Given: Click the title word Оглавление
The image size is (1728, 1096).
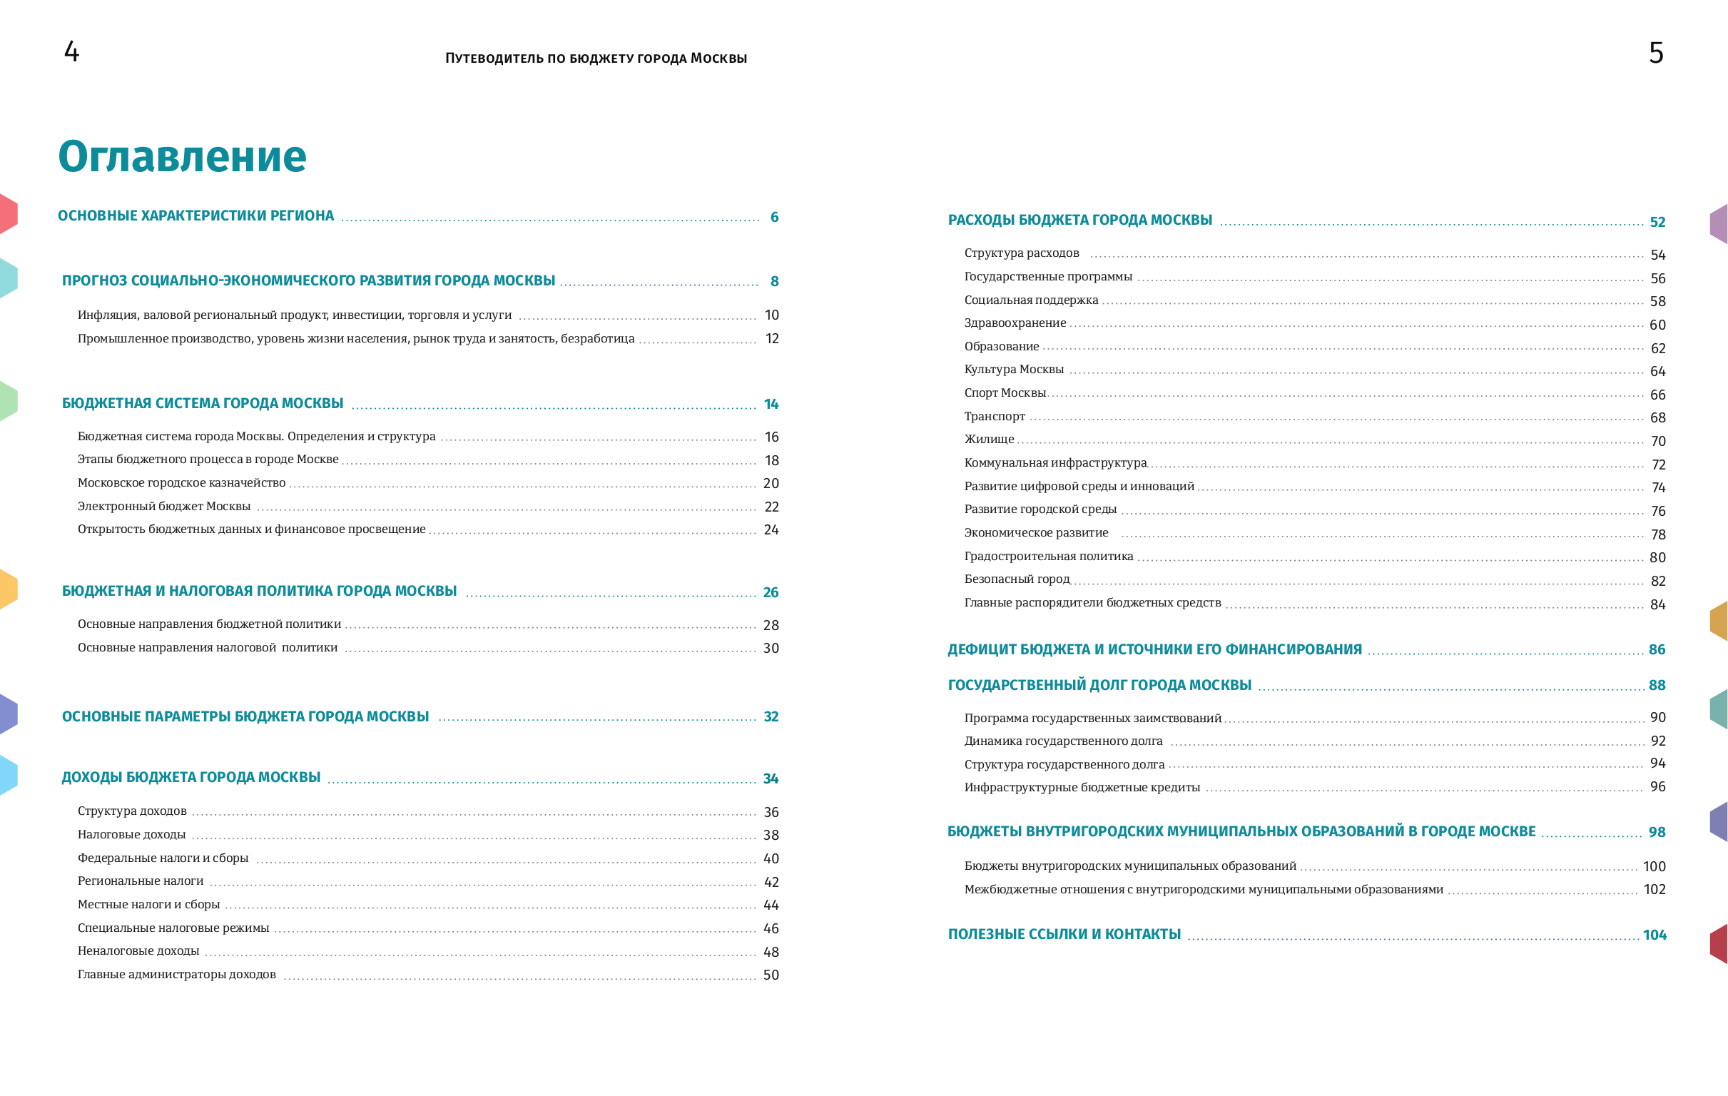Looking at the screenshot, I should click(x=182, y=156).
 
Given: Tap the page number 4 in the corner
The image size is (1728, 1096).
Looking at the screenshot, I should click(x=72, y=51).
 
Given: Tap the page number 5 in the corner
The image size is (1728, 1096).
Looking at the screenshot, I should click(x=1655, y=53).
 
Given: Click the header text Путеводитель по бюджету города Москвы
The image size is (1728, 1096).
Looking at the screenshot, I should click(x=596, y=58).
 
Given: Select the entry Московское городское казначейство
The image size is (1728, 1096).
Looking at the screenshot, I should click(x=181, y=483).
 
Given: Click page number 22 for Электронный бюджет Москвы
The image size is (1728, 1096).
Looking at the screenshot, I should click(x=771, y=507).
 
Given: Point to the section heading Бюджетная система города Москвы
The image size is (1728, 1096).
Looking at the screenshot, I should click(x=203, y=403).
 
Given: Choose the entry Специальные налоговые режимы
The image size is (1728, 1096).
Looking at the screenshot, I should click(x=173, y=928).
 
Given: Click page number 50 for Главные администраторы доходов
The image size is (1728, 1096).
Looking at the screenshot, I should click(x=771, y=975).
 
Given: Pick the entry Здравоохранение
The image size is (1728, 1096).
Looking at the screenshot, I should click(x=1015, y=323).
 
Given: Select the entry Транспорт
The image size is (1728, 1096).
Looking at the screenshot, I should click(x=995, y=416).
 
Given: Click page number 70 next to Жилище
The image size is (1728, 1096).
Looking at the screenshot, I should click(x=1657, y=442).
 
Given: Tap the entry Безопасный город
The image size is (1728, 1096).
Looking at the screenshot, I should click(x=1017, y=579).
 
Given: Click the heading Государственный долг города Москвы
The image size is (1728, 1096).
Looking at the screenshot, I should click(x=1099, y=685).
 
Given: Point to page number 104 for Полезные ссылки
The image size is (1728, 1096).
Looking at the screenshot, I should click(x=1654, y=935).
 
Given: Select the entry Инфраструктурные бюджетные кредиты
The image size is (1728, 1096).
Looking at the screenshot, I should click(x=1082, y=787).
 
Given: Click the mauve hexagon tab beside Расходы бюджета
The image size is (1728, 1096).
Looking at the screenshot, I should click(x=1719, y=223).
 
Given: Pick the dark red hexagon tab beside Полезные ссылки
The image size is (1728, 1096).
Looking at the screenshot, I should click(x=1719, y=943).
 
